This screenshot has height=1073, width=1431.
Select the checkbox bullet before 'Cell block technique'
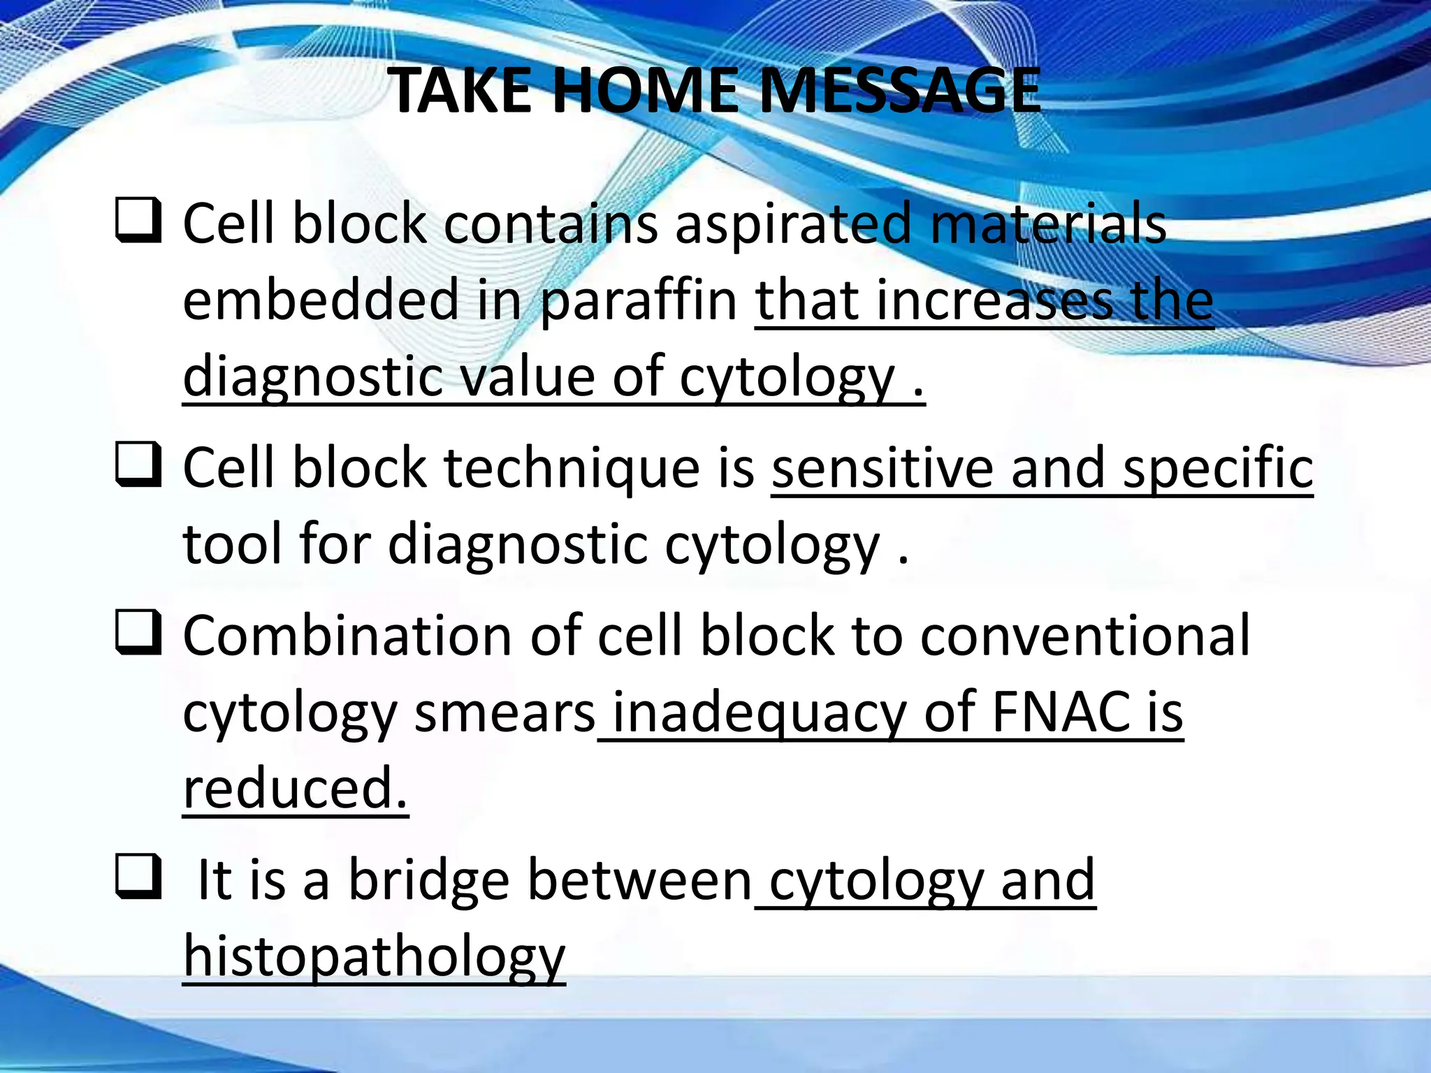[138, 465]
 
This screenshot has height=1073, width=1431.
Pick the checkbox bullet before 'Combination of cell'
[138, 633]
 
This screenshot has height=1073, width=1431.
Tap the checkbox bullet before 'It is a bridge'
[138, 877]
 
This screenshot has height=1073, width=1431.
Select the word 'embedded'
[320, 300]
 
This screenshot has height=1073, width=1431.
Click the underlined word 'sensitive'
[882, 468]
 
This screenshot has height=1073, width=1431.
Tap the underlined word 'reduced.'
[295, 788]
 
